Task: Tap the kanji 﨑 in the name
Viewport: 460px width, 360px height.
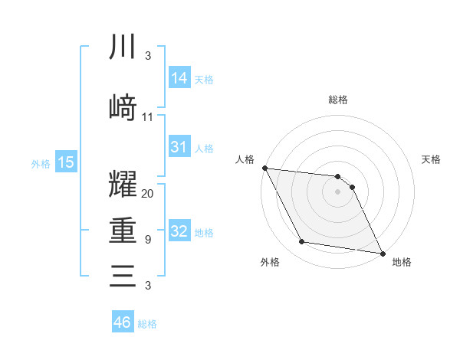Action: click(123, 106)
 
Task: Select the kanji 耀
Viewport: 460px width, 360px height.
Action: click(123, 186)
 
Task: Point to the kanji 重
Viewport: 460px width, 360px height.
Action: click(123, 231)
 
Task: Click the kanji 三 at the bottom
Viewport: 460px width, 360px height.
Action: click(123, 275)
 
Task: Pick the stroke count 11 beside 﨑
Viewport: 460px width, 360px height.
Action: click(148, 117)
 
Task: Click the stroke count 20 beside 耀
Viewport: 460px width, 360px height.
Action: click(148, 194)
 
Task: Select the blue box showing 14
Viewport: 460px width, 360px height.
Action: click(179, 77)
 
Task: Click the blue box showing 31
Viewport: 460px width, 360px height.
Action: click(179, 147)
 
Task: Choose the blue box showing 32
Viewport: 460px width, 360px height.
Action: click(179, 231)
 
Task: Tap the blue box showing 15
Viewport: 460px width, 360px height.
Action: click(66, 162)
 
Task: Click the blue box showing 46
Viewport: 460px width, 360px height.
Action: click(122, 322)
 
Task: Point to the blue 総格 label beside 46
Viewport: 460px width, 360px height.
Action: click(147, 324)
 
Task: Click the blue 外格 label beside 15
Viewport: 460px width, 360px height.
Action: click(41, 163)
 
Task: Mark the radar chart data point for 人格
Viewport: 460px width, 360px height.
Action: click(264, 168)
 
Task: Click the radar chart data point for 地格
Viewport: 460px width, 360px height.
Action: click(382, 252)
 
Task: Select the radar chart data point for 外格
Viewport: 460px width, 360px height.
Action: click(301, 243)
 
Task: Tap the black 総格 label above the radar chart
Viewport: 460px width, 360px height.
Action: click(337, 100)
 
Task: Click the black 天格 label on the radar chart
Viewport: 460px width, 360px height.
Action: click(432, 159)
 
